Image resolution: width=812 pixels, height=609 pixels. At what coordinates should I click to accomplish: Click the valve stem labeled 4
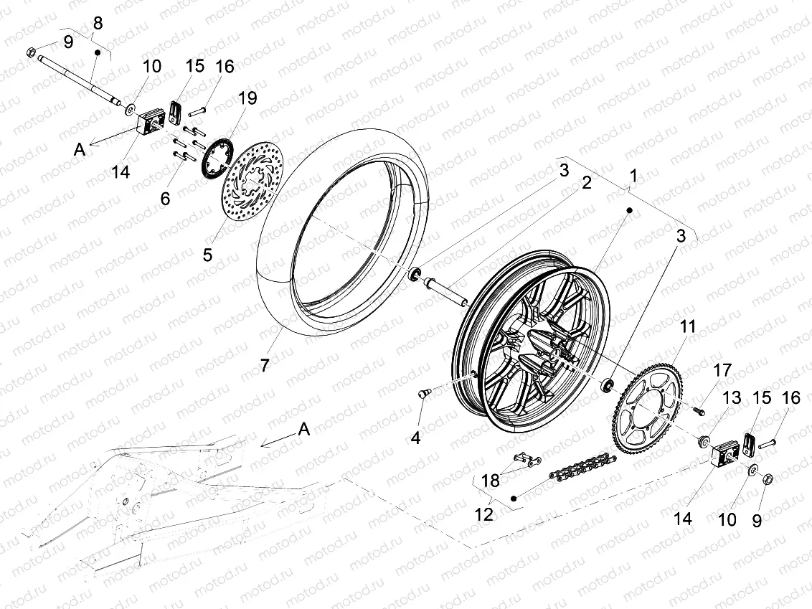coord(422,394)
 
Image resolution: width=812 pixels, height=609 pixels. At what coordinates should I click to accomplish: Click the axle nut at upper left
coord(31,52)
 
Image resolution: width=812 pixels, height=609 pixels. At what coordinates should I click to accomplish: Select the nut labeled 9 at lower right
coord(766,478)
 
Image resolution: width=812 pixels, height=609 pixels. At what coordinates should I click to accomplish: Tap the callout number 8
coord(98,23)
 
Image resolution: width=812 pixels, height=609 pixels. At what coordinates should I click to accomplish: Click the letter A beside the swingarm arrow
coord(304,429)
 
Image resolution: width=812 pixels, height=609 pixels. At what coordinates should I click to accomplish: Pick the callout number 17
coord(722,371)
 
